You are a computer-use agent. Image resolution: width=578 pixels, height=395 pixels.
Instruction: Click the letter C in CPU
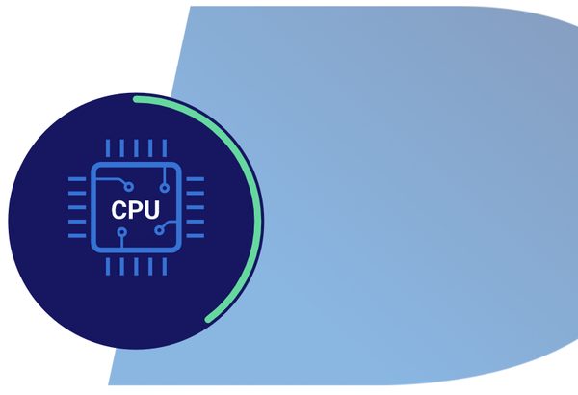point(119,209)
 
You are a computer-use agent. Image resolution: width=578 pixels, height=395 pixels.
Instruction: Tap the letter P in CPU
point(136,209)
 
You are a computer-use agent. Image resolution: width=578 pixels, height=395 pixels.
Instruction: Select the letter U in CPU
point(152,209)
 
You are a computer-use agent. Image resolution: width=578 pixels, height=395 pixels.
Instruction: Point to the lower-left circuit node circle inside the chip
point(121,232)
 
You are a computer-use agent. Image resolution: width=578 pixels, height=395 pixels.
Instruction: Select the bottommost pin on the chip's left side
point(76,236)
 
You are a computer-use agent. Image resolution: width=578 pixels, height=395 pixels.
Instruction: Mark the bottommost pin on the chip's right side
point(196,236)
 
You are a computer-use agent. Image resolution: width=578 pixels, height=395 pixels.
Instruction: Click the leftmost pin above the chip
point(107,148)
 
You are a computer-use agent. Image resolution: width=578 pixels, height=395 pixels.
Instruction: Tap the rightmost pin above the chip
point(165,148)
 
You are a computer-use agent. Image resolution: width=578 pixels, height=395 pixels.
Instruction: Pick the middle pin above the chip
point(136,148)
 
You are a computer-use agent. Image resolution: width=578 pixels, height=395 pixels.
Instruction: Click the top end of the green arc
point(137,98)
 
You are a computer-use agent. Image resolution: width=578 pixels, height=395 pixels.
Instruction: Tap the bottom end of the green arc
point(208,319)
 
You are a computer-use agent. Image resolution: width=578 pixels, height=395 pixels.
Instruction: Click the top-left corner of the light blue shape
point(191,8)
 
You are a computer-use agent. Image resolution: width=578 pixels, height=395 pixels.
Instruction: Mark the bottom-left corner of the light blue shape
point(109,383)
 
